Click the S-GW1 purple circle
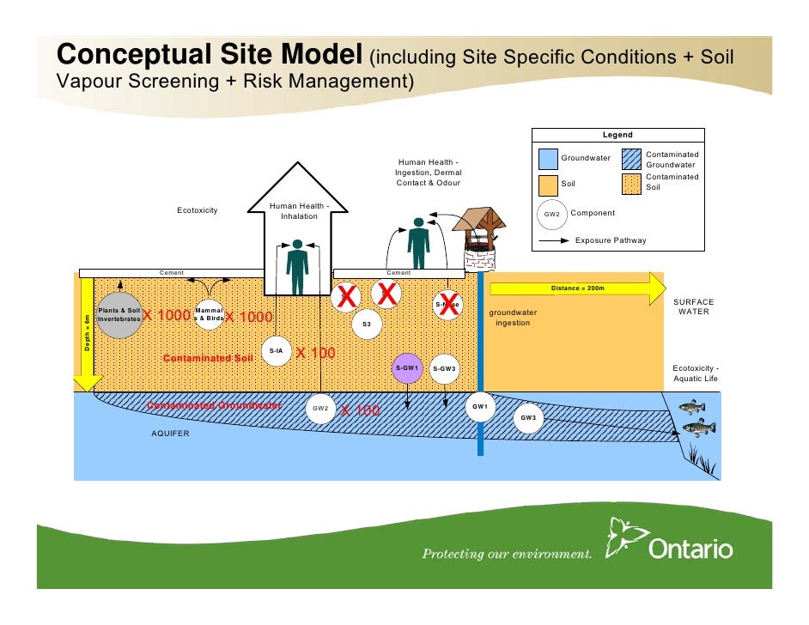pyautogui.click(x=407, y=368)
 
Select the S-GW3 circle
pyautogui.click(x=444, y=369)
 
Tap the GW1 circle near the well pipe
pyautogui.click(x=479, y=406)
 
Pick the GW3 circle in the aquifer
pyautogui.click(x=528, y=418)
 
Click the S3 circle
pyautogui.click(x=367, y=324)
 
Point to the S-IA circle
pyautogui.click(x=277, y=351)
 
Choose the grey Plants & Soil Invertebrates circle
pyautogui.click(x=119, y=314)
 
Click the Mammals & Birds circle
pyautogui.click(x=210, y=314)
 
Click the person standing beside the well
pyautogui.click(x=418, y=242)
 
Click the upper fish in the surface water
pyautogui.click(x=691, y=407)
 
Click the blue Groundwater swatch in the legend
pyautogui.click(x=547, y=159)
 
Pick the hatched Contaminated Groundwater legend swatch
pyautogui.click(x=631, y=159)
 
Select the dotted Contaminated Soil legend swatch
pyautogui.click(x=631, y=184)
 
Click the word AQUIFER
pyautogui.click(x=170, y=434)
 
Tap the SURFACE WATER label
pyautogui.click(x=693, y=306)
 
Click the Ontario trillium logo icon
pyautogui.click(x=624, y=537)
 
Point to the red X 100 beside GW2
pyautogui.click(x=361, y=411)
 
